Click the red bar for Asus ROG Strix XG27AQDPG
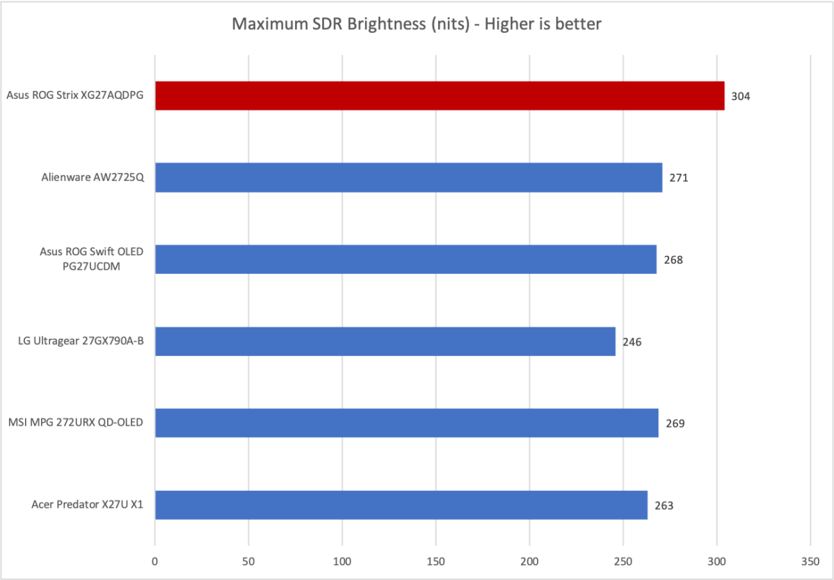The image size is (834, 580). point(440,96)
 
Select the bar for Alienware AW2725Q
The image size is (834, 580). point(408,177)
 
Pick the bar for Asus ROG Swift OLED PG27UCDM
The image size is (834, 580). point(406,259)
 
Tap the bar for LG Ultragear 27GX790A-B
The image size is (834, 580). point(385,341)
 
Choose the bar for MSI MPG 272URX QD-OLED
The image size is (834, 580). point(406,423)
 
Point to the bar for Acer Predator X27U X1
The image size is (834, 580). point(401,505)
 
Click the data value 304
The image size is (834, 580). point(741,96)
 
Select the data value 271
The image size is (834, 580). point(678,178)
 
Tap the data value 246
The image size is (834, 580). point(632,341)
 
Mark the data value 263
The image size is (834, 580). point(664,506)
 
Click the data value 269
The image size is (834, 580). point(675,424)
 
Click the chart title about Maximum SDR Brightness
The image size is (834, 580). point(417,24)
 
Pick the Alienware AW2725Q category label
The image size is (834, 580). point(93,177)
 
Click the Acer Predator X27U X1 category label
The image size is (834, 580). point(87,505)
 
